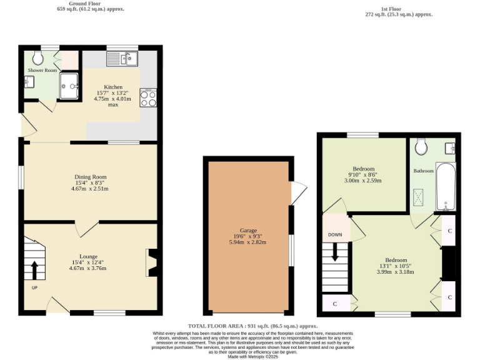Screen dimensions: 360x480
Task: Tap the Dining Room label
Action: pos(90,177)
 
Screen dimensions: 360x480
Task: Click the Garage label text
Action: pos(248,231)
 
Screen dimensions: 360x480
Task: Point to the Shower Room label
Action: pos(42,71)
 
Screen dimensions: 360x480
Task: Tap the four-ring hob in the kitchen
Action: pos(149,99)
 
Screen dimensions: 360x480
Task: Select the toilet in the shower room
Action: pos(39,57)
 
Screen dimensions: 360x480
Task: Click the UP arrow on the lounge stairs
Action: pos(34,271)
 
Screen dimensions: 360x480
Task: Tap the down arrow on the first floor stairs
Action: pos(336,252)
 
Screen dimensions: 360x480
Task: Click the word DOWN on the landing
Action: pos(335,235)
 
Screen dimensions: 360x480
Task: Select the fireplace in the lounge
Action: pos(151,262)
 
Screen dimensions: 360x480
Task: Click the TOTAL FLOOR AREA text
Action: pos(252,326)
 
